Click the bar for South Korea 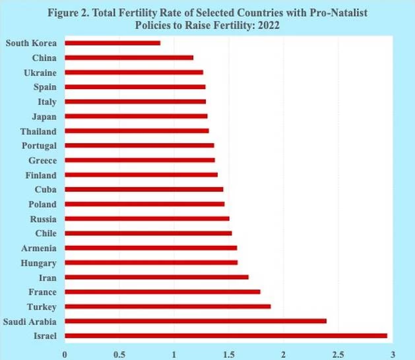pyautogui.click(x=112, y=44)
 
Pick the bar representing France pyautogui.click(x=162, y=291)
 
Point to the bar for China pyautogui.click(x=129, y=58)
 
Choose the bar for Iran pyautogui.click(x=156, y=277)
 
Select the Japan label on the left pyautogui.click(x=44, y=116)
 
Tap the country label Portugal pyautogui.click(x=38, y=146)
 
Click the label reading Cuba pyautogui.click(x=46, y=189)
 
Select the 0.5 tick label pyautogui.click(x=119, y=353)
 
